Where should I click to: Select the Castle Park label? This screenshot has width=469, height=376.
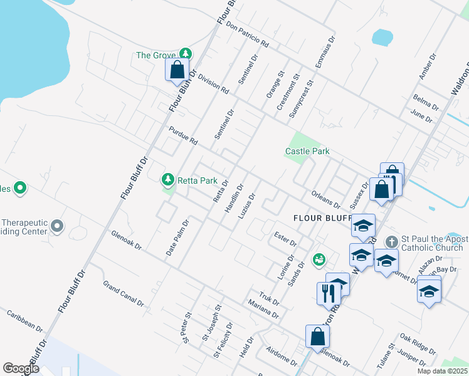point(307,151)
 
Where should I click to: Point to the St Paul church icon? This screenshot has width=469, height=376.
point(392,242)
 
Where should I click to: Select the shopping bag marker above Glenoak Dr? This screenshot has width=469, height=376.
point(317,336)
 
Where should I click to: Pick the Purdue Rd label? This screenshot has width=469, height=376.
point(183,135)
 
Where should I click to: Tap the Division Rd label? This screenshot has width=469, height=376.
point(213,84)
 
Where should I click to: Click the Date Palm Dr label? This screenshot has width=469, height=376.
point(177,238)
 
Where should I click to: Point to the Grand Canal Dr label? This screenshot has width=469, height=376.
point(124,293)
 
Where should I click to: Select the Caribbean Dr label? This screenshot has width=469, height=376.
point(25,320)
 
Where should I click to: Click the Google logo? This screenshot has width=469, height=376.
point(21,369)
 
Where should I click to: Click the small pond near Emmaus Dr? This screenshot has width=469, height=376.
point(382,37)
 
